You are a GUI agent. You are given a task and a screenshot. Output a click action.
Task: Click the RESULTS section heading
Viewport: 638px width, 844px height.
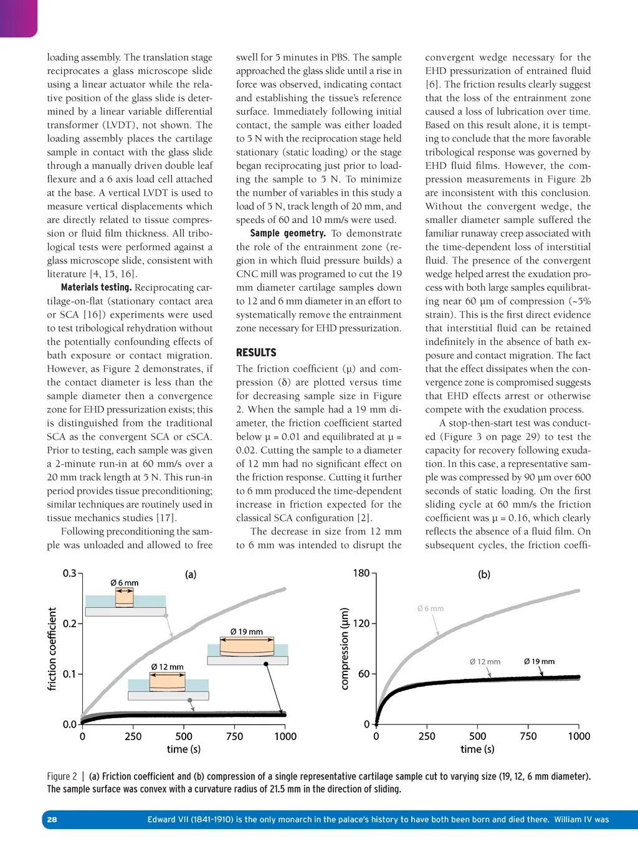coord(255,353)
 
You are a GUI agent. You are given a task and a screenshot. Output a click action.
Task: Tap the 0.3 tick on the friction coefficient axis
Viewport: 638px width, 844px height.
coord(69,573)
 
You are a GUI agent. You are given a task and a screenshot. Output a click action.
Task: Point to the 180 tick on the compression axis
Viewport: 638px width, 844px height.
coord(361,573)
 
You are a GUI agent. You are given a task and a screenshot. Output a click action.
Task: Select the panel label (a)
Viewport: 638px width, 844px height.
coord(191,574)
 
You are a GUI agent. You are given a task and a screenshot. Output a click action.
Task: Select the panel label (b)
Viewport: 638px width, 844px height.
coord(484,574)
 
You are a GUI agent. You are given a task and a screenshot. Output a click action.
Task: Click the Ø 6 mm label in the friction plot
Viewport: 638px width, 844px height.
coord(125,583)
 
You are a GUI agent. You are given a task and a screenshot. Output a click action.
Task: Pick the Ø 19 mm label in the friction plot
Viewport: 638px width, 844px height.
coord(247,632)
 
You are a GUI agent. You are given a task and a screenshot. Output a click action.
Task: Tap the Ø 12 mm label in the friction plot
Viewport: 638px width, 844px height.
coord(168,667)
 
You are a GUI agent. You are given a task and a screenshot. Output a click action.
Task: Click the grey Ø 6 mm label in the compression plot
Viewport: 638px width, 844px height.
coord(431,609)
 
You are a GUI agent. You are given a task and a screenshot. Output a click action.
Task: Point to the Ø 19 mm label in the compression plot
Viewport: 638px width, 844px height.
coord(539,661)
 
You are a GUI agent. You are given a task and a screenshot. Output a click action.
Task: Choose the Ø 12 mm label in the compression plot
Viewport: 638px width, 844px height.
coord(485,661)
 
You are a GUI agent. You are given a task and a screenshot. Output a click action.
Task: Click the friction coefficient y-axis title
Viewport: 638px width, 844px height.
coord(52,649)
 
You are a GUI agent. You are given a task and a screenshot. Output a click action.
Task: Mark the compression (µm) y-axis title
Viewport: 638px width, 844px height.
coord(345,649)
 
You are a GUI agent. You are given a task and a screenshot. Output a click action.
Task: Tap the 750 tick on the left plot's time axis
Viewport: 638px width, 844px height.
coord(234,736)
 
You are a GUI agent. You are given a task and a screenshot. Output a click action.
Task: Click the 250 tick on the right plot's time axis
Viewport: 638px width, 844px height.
coord(427,736)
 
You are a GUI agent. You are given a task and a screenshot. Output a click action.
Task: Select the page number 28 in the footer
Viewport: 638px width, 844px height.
coord(52,820)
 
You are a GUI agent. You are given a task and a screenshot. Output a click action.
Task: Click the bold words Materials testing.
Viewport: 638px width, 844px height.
coord(96,288)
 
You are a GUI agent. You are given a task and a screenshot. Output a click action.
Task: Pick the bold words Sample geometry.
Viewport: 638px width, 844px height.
coord(287,234)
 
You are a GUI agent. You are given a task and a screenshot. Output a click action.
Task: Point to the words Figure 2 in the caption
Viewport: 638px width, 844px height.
coord(62,777)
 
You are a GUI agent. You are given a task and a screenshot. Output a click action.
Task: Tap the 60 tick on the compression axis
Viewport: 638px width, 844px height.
coord(364,674)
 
